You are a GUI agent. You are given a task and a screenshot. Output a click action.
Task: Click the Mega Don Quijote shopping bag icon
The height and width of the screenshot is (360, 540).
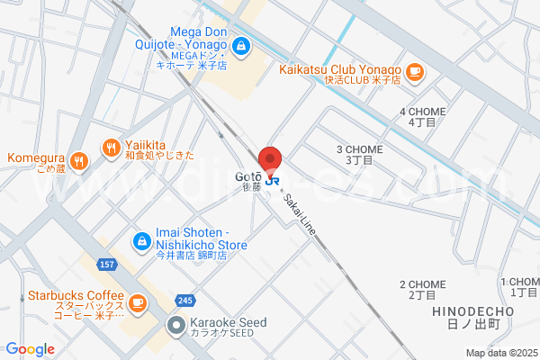pos(241,43)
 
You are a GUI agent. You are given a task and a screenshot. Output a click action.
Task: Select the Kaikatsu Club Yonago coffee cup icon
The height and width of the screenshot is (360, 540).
pos(414,71)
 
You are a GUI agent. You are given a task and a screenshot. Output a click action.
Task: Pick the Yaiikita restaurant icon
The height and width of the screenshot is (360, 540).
pos(110,146)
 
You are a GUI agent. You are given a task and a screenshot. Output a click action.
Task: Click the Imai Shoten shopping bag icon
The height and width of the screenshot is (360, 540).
pos(141,240)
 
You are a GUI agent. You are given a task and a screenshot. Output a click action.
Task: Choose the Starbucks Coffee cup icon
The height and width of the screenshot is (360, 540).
pos(137,303)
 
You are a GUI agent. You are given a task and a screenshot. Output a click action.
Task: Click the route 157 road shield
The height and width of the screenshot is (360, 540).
pos(107,265)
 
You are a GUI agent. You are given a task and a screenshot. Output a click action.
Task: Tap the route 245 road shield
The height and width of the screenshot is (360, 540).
pos(185,301)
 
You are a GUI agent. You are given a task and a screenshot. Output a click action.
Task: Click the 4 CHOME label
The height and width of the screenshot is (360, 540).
pos(421,116)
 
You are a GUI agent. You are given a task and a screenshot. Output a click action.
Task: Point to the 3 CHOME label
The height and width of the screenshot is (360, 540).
pos(359,154)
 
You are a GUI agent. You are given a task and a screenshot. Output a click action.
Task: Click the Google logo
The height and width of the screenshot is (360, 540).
pos(30,349)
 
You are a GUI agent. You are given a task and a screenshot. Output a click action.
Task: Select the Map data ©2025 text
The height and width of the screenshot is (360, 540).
pos(500,352)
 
